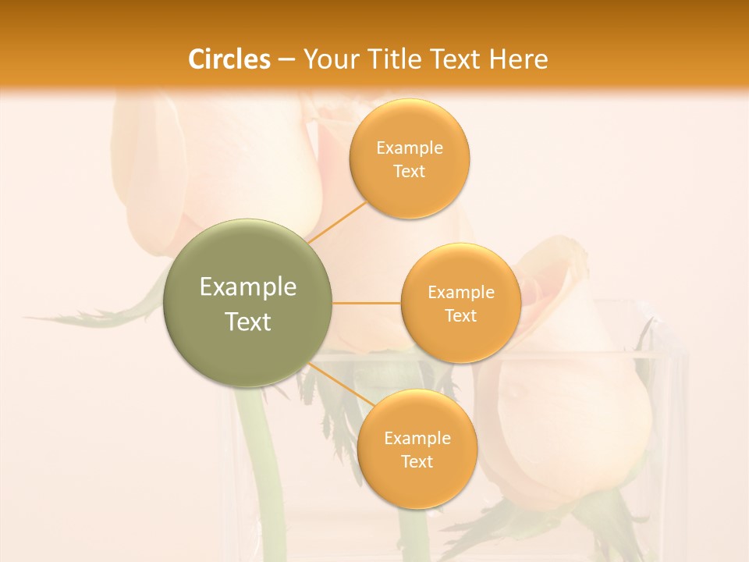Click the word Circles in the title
point(229,59)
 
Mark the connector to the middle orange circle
point(367,303)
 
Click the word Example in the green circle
point(248,287)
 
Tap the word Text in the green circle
point(248,322)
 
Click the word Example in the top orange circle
point(409,148)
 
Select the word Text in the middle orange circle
point(460,315)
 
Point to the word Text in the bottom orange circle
point(417,461)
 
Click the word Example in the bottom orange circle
point(417,439)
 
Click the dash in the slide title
point(286,59)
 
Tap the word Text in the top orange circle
point(409,171)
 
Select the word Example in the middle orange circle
point(460,293)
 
